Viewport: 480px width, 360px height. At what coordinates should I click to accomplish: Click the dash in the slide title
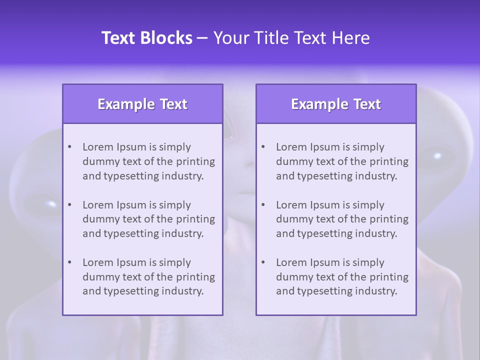click(x=202, y=38)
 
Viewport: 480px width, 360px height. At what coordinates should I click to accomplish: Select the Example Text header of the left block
click(x=142, y=104)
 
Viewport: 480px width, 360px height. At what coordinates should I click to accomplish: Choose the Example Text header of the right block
click(x=336, y=104)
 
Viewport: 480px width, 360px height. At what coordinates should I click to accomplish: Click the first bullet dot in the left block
click(x=70, y=147)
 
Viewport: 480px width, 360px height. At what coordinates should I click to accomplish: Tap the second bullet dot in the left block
click(x=70, y=205)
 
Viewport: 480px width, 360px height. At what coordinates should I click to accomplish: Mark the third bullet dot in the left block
click(x=70, y=262)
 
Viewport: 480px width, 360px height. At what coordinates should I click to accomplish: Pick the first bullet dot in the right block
click(x=263, y=147)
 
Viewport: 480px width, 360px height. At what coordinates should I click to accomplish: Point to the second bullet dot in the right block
click(x=263, y=205)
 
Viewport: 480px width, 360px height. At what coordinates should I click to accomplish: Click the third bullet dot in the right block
click(x=263, y=262)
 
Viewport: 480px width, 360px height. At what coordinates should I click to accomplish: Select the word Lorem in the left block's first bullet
click(x=98, y=147)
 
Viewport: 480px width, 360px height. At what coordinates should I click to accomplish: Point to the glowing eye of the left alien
click(x=51, y=203)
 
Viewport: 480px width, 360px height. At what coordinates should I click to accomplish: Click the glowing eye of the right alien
click(x=437, y=155)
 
